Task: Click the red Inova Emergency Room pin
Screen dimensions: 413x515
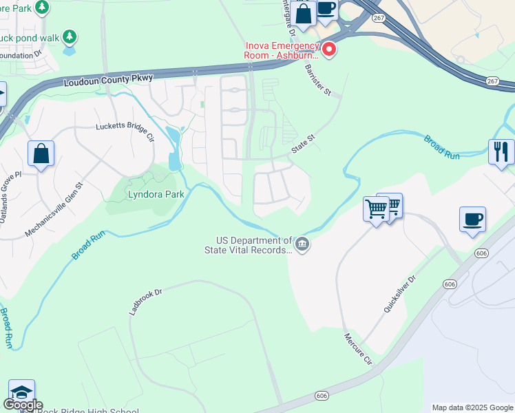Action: point(329,50)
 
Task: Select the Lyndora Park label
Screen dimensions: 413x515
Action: point(156,195)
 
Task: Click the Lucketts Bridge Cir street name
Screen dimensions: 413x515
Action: point(125,131)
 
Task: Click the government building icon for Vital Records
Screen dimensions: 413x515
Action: point(302,244)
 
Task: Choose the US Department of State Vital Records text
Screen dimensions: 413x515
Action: point(254,246)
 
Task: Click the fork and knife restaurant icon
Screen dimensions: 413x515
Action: point(501,151)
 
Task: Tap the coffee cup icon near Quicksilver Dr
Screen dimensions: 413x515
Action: point(472,220)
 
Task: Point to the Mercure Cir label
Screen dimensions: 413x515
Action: point(357,349)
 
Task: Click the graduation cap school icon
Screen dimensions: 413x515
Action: point(21,392)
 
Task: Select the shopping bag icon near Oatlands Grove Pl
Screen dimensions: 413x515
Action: point(41,153)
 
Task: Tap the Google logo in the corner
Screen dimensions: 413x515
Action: point(23,405)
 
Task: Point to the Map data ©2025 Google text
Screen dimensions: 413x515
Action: point(472,407)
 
